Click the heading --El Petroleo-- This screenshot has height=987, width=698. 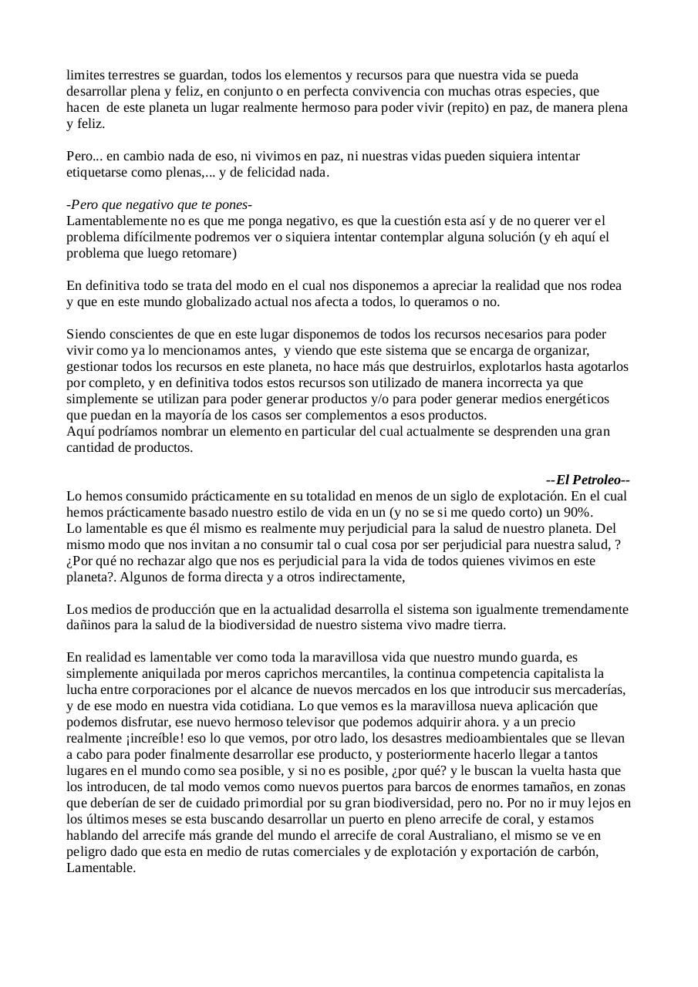(588, 480)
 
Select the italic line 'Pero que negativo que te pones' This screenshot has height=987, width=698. (160, 204)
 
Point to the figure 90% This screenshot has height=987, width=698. (577, 512)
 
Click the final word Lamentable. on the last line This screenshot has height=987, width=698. (101, 867)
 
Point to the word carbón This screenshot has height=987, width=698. (578, 851)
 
